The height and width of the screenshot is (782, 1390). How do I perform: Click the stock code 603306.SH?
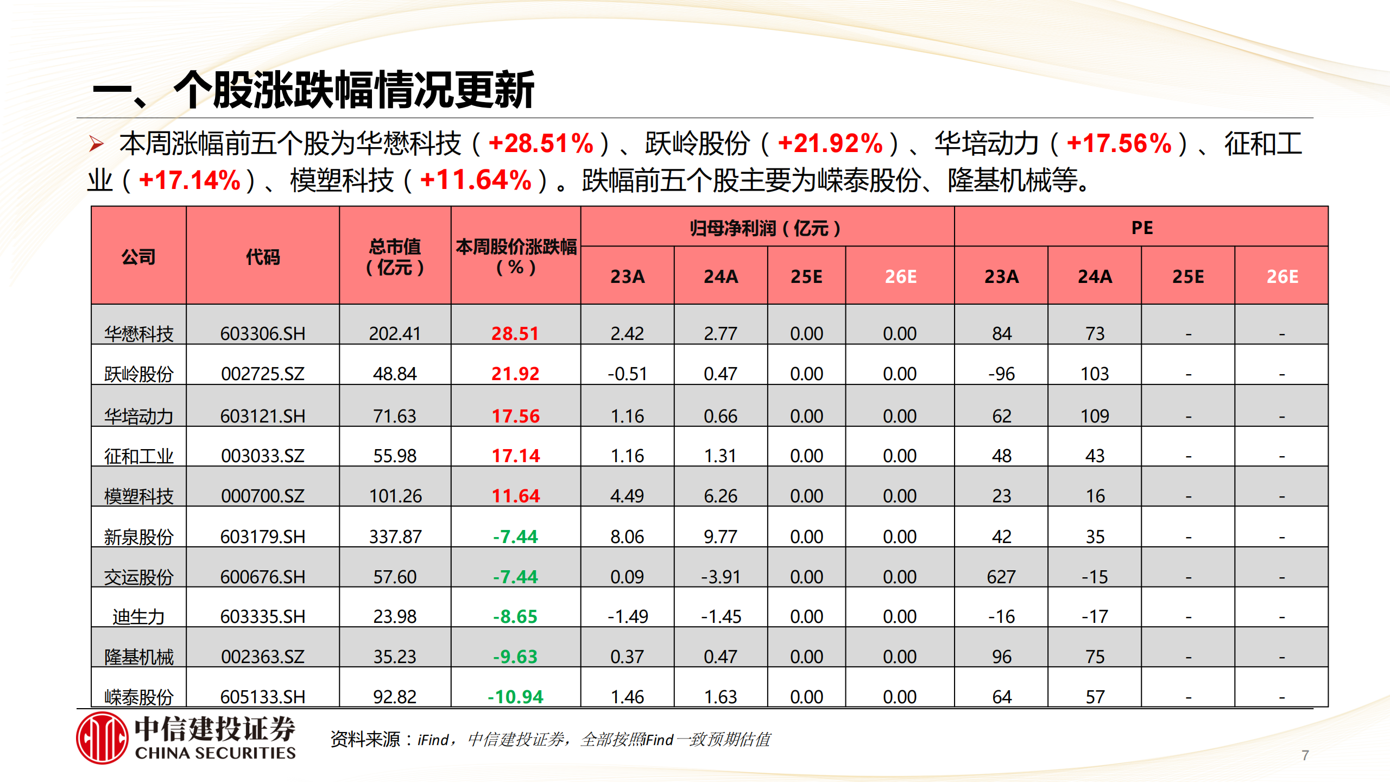click(263, 333)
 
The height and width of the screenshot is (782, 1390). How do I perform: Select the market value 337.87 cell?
click(395, 537)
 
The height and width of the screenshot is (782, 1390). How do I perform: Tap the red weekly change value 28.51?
click(515, 333)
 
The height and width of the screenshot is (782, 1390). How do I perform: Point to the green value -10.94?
click(515, 697)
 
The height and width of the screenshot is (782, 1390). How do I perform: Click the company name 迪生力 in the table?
click(138, 617)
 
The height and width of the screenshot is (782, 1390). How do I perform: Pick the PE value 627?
click(1001, 577)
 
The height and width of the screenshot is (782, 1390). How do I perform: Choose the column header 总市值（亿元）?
click(395, 256)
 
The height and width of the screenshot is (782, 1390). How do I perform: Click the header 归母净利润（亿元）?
click(766, 228)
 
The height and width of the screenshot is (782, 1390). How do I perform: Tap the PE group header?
click(1141, 228)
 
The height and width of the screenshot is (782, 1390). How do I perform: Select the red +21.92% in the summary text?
click(830, 144)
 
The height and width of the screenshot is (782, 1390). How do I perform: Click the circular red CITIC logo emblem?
click(102, 738)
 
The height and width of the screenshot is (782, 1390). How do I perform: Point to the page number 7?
click(1305, 755)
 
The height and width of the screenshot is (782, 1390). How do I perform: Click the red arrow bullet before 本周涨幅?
click(97, 144)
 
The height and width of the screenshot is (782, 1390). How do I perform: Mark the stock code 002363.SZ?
click(263, 657)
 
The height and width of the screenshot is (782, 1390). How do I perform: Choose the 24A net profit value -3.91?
click(721, 577)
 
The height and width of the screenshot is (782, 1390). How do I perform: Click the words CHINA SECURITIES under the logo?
click(215, 753)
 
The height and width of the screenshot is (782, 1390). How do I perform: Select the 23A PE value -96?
click(1001, 374)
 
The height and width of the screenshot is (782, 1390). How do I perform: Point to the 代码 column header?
click(263, 256)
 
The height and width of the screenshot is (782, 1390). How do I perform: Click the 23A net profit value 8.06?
click(627, 537)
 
